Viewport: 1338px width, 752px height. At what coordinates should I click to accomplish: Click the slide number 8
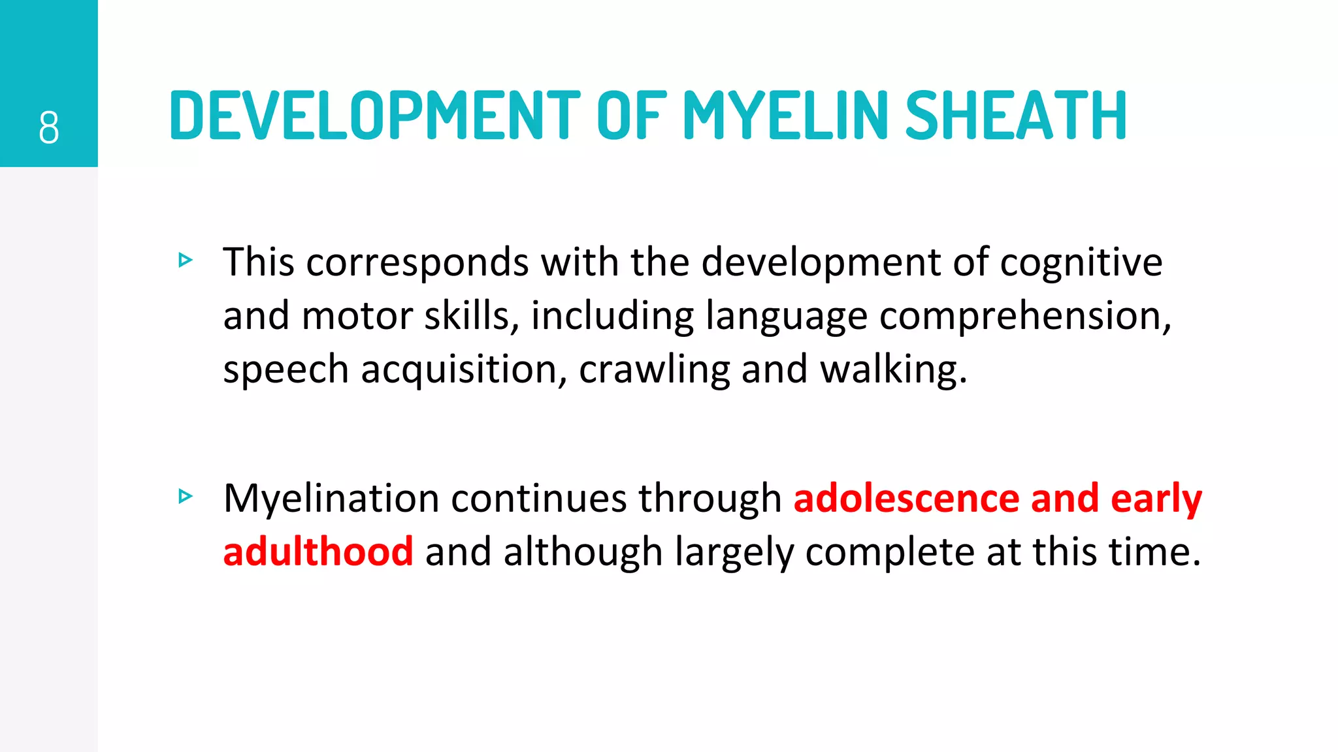[x=49, y=127]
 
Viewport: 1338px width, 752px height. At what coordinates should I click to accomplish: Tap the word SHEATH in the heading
[x=1016, y=116]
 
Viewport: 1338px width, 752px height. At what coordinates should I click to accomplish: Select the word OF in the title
[x=631, y=116]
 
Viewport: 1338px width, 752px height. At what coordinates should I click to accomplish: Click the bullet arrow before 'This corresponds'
[x=186, y=260]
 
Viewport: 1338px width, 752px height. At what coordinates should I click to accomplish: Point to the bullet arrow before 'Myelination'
[x=186, y=497]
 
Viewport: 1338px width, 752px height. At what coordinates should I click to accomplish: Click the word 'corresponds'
[x=417, y=262]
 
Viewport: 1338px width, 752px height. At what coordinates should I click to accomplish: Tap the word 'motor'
[x=357, y=316]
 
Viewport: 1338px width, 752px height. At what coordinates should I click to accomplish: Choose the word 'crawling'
[x=654, y=370]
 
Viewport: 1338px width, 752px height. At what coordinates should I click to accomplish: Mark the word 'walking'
[x=892, y=370]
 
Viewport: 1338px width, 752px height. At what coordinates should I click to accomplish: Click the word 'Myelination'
[x=331, y=499]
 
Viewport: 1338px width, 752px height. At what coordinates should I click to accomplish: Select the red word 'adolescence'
[x=906, y=499]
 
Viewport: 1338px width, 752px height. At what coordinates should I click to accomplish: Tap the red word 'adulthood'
[x=318, y=552]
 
